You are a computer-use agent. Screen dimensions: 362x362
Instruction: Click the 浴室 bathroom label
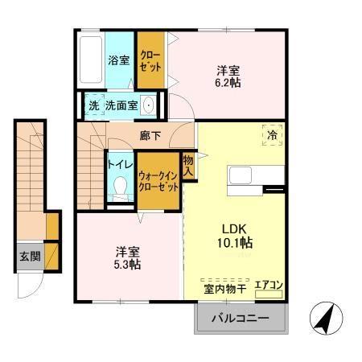click(120, 59)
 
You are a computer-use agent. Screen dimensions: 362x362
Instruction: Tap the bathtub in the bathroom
click(90, 60)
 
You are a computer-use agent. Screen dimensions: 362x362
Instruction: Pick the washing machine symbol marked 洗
click(93, 105)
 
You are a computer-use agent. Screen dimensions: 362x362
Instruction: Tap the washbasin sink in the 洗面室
click(149, 105)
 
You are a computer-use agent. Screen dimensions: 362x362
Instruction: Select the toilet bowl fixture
click(121, 187)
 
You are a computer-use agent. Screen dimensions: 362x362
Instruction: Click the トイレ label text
click(120, 165)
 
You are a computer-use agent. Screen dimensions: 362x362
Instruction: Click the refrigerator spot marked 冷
click(273, 136)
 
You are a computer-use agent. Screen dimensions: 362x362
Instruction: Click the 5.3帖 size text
click(125, 264)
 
